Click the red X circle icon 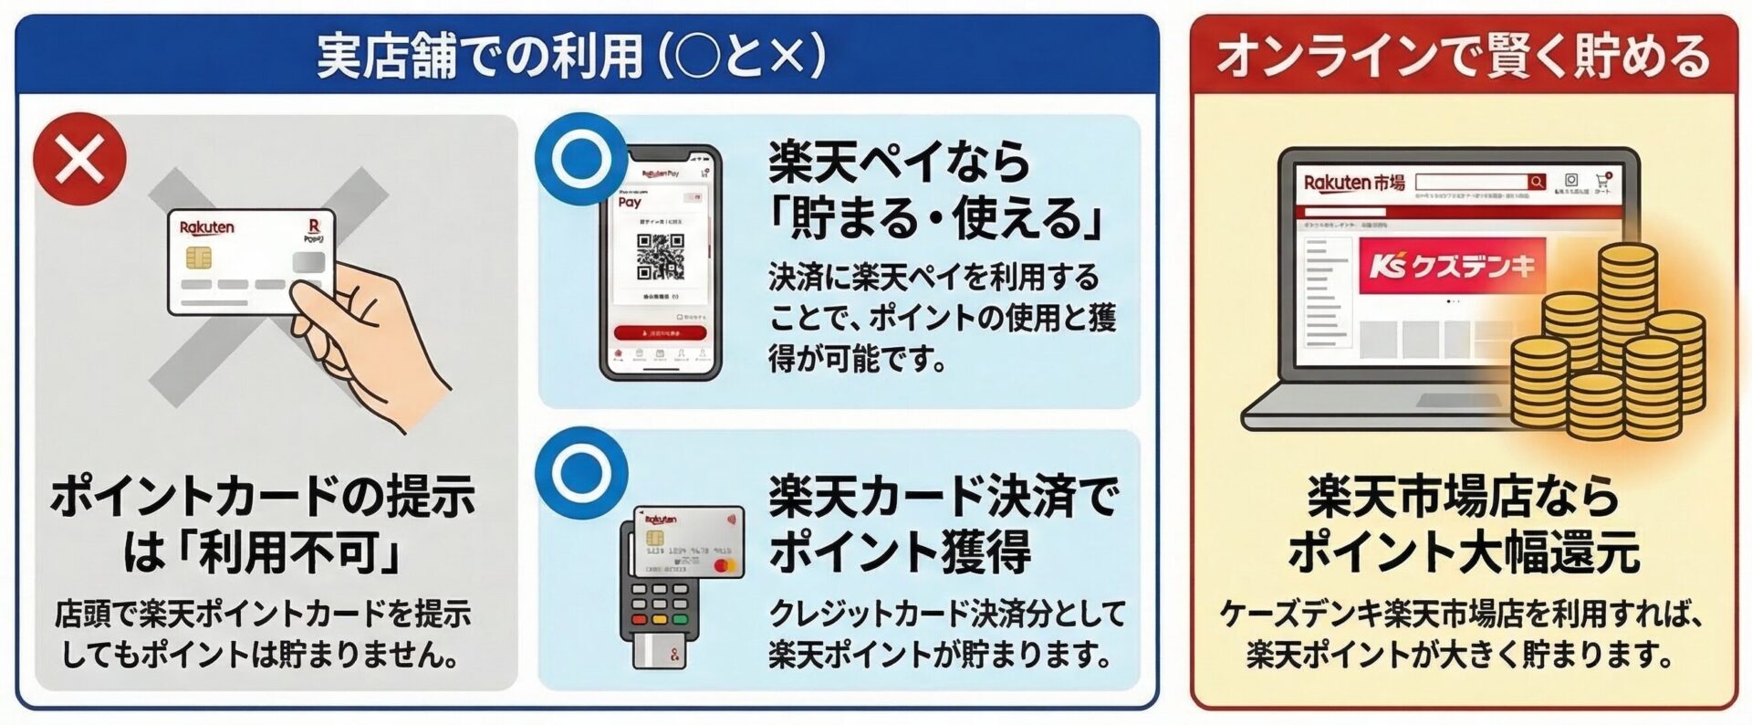[x=79, y=159]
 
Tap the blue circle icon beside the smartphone [x=582, y=159]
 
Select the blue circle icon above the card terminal [x=582, y=473]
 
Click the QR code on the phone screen [x=660, y=257]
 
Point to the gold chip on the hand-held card [x=199, y=258]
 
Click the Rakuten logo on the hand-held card [x=207, y=227]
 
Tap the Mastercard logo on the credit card [x=725, y=566]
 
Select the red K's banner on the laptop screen [x=1452, y=266]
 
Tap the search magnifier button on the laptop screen [x=1537, y=182]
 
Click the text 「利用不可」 [x=301, y=552]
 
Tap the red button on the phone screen [x=660, y=333]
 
